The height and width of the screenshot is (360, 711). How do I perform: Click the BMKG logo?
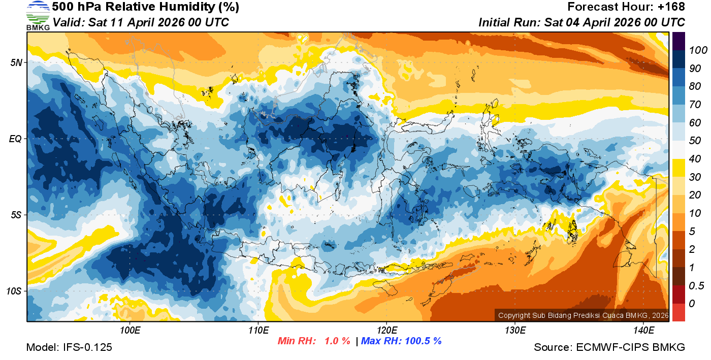(x=38, y=16)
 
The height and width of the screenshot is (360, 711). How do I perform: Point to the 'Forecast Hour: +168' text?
(x=626, y=7)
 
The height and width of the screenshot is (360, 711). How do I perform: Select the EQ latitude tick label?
(x=15, y=139)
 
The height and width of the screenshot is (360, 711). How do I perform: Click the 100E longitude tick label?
(x=130, y=331)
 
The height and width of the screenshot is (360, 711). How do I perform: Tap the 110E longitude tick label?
(x=258, y=331)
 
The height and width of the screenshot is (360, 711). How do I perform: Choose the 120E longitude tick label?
(x=387, y=331)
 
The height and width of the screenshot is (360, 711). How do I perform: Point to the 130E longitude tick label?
(x=515, y=331)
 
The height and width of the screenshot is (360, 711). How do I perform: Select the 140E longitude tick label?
(x=643, y=331)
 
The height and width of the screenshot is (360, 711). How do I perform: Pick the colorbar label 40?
(x=695, y=159)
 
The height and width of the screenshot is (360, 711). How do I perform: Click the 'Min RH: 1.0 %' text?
(x=314, y=341)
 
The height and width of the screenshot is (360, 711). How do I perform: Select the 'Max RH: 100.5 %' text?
(x=401, y=341)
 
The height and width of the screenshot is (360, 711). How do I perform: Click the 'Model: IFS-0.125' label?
(x=69, y=347)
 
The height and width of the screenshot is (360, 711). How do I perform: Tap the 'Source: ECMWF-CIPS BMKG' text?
(x=609, y=347)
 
